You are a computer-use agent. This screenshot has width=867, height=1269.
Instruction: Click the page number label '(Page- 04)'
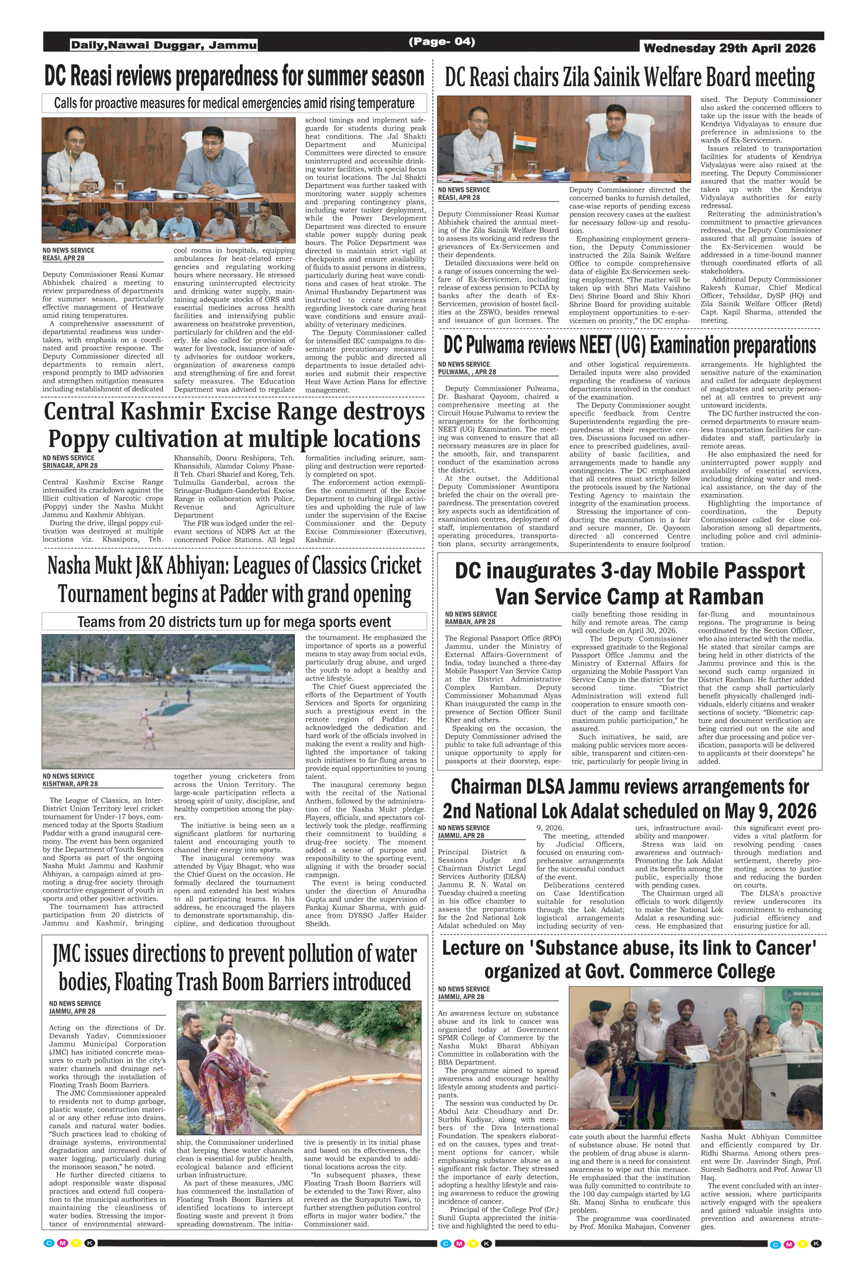(442, 42)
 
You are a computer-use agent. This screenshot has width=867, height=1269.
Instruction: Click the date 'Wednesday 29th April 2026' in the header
(729, 49)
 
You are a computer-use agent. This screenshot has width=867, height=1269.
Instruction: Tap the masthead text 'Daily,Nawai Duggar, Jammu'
(164, 45)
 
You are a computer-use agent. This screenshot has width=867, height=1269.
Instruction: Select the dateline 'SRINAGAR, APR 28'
(70, 466)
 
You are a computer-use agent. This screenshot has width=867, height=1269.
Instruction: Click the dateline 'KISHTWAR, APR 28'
(70, 784)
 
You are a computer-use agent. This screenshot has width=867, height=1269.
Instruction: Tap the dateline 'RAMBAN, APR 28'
(470, 622)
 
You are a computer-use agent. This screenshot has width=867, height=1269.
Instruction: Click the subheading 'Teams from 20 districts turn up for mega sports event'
(234, 622)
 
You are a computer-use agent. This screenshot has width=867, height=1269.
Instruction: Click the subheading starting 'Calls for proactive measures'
(234, 103)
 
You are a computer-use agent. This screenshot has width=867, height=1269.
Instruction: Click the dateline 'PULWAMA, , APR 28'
(467, 372)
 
